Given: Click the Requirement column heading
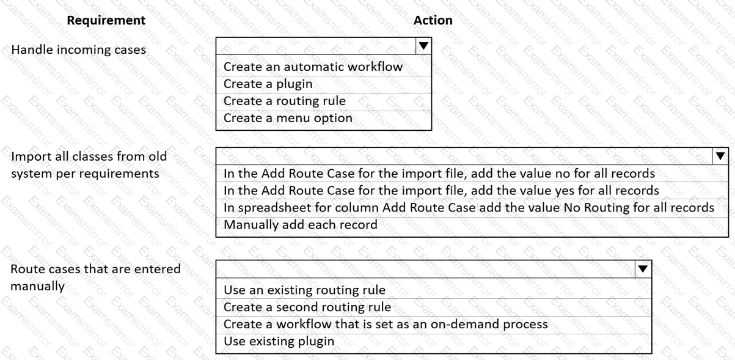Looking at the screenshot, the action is [x=106, y=20].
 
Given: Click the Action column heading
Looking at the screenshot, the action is [x=433, y=20].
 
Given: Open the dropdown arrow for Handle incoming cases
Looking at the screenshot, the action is [x=423, y=46].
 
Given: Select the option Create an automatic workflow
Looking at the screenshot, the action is [x=313, y=67].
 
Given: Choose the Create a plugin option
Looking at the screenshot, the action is [x=268, y=84].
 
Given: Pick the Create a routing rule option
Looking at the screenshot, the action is [x=285, y=101].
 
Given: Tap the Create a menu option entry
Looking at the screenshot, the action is [x=288, y=118].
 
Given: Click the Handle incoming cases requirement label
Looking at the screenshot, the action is [x=78, y=50].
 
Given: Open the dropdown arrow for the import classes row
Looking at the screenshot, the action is [x=720, y=156].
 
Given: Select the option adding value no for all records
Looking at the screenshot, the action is [x=439, y=173].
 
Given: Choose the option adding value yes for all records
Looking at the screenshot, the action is [x=441, y=190].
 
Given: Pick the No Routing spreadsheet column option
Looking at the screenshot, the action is [x=469, y=207].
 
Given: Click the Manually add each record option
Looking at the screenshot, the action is [x=301, y=225].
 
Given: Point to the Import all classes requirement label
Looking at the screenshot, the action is [x=89, y=165].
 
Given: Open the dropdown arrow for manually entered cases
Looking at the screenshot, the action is [x=643, y=269].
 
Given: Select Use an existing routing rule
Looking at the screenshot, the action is [x=304, y=290].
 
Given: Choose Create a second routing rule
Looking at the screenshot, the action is [x=307, y=307].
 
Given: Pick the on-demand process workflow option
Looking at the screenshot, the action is [x=386, y=324].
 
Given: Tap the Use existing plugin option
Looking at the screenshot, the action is [x=279, y=341].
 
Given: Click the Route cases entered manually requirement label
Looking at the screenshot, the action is [x=95, y=277].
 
